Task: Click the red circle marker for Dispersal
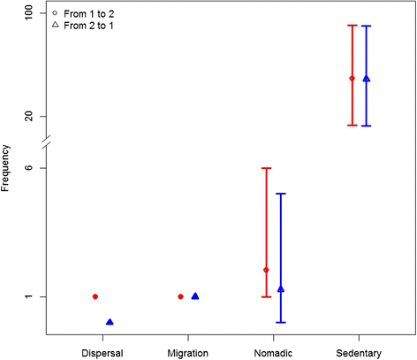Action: (x=95, y=296)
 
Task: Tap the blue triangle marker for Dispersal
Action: (x=110, y=322)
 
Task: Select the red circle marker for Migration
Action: (x=180, y=296)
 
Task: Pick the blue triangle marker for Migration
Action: (x=195, y=296)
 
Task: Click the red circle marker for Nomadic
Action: (x=266, y=270)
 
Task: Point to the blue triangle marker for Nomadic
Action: (x=281, y=288)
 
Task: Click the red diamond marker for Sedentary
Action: (x=352, y=79)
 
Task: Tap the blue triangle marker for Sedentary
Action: (x=367, y=79)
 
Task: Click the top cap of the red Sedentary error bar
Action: (x=352, y=25)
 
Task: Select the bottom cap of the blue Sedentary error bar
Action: (x=367, y=126)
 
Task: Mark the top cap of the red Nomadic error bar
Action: (x=266, y=168)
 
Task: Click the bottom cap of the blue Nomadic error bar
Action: (x=281, y=322)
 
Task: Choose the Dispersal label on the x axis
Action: (x=102, y=353)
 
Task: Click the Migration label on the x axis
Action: (x=187, y=353)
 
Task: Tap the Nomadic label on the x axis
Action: (x=273, y=353)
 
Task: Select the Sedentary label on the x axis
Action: (x=359, y=353)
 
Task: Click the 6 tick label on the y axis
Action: (x=31, y=168)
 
